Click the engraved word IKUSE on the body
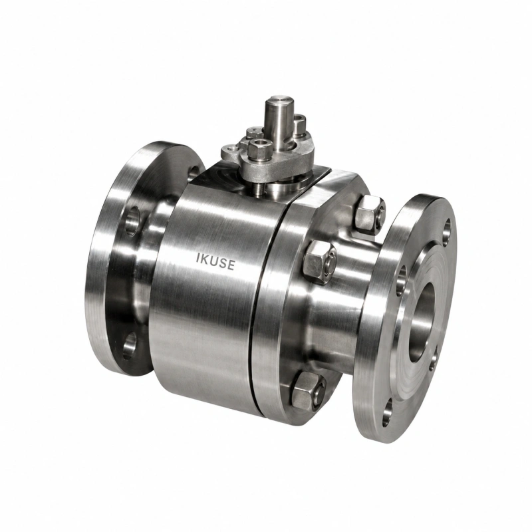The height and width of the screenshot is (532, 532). [215, 261]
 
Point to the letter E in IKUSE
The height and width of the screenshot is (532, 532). [231, 265]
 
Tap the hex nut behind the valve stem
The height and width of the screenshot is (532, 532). [298, 124]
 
